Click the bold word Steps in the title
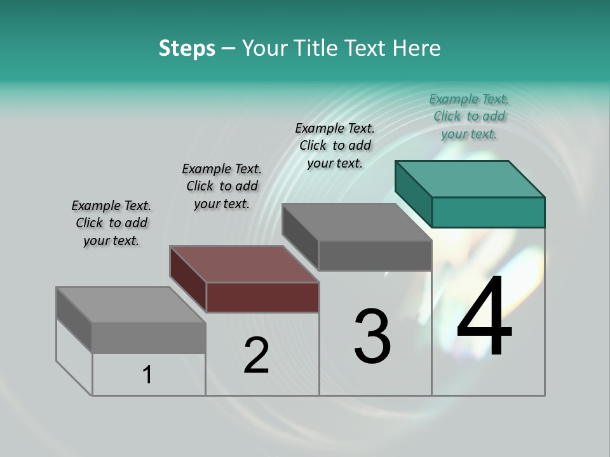186,48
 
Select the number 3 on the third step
372,336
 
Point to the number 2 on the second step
256,355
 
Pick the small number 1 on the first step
147,374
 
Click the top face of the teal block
470,179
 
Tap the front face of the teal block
488,212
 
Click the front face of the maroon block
262,297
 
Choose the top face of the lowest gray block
131,305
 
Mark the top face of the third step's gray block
357,222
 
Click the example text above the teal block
469,116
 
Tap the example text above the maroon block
222,186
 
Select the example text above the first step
111,223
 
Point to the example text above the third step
335,145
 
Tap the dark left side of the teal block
413,193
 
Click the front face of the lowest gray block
149,338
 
